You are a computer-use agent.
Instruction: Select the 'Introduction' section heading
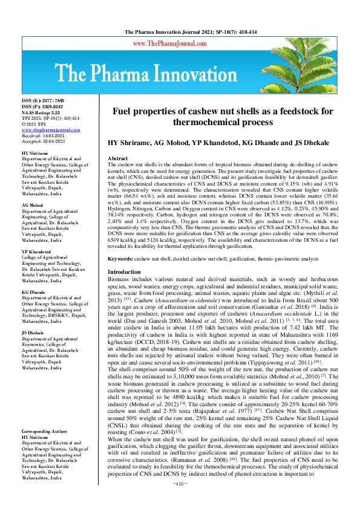(123, 273)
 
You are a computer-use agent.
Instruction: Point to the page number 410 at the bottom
(180, 501)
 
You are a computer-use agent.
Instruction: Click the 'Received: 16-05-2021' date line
(46, 135)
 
